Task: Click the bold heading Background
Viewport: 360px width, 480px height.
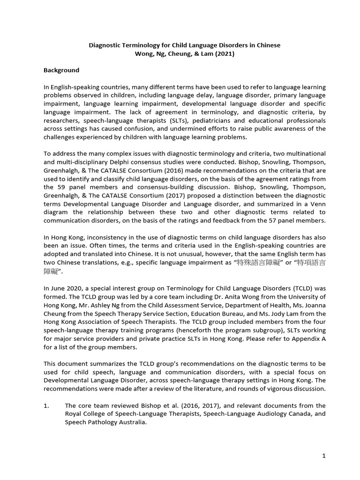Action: pos(61,70)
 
